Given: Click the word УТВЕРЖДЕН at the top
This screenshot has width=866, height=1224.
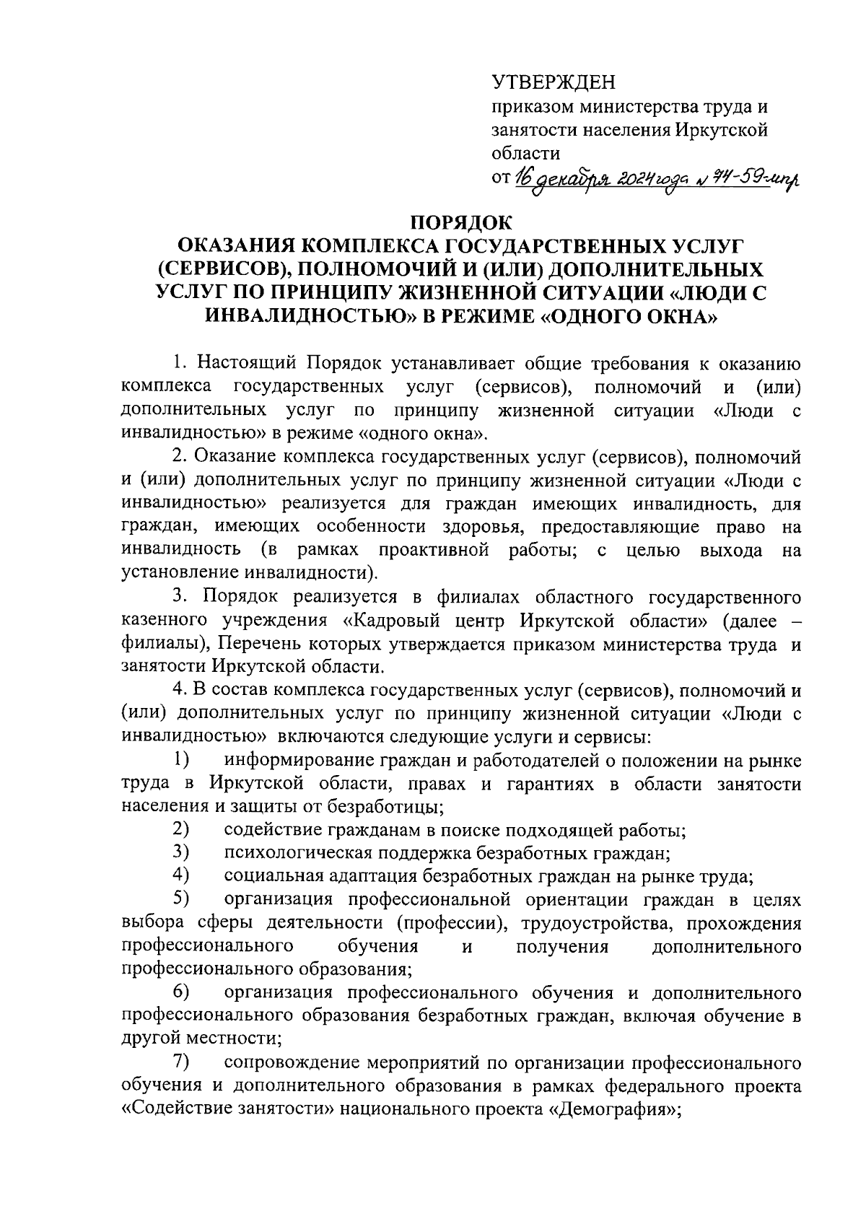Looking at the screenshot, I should pos(554,84).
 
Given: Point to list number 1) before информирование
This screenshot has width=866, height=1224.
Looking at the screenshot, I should pos(180,760).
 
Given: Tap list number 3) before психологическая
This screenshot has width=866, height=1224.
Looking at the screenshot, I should pos(180,853).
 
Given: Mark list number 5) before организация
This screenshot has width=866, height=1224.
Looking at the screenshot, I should pos(180,899).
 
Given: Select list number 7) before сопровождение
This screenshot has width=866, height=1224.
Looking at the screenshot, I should pos(180,1062).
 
